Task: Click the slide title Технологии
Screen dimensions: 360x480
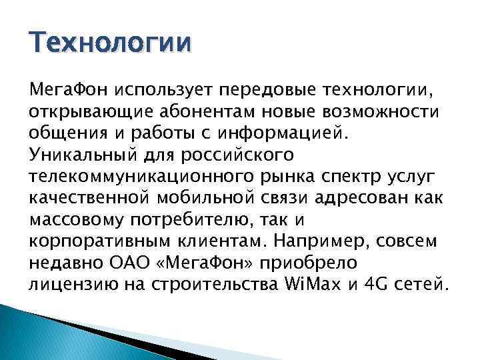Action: pos(110,43)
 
